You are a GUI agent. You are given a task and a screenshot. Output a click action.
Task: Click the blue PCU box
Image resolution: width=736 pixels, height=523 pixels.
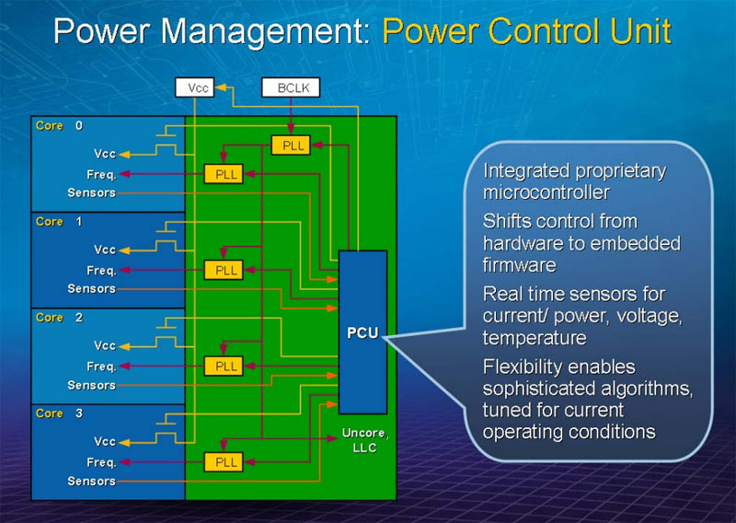[x=362, y=331]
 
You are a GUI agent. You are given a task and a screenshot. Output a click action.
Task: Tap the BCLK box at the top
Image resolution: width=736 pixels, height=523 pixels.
[x=291, y=88]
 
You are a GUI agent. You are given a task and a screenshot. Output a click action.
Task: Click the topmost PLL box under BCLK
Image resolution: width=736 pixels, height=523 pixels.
[x=291, y=145]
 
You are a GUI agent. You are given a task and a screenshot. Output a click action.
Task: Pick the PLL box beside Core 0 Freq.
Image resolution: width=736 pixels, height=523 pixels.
[x=223, y=173]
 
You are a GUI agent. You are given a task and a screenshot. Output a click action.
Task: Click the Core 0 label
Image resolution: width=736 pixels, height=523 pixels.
[x=59, y=126]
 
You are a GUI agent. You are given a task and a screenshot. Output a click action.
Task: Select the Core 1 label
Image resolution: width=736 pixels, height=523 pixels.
[x=59, y=222]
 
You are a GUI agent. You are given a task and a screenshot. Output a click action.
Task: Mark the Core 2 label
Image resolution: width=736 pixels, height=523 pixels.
[x=59, y=318]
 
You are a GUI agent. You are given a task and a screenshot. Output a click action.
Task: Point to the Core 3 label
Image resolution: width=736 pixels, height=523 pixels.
[x=59, y=413]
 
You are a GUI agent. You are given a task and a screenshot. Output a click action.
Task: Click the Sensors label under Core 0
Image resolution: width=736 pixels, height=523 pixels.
[x=92, y=192]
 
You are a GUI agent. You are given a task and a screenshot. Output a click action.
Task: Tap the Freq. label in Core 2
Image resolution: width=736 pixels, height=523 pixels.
[x=101, y=366]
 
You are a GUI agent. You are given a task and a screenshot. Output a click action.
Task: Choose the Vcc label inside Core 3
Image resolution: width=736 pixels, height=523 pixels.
[x=105, y=442]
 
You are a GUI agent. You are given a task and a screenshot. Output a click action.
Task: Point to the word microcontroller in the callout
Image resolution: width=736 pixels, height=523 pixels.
[x=546, y=192]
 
